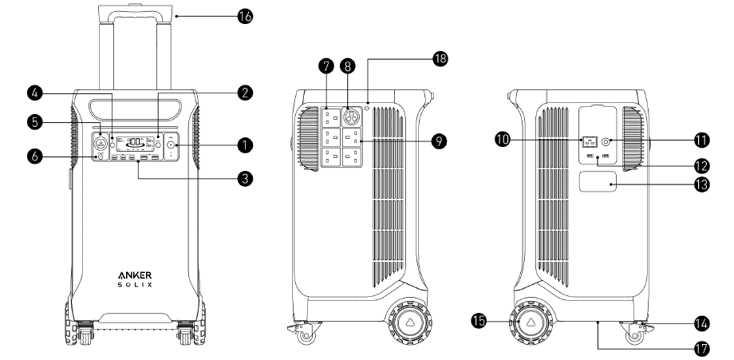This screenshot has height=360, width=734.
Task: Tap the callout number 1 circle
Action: coord(245,145)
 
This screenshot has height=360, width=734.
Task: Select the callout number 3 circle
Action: coord(245,179)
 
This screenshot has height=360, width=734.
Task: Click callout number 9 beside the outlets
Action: coord(437,141)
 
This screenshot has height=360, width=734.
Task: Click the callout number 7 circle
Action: coord(325,68)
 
